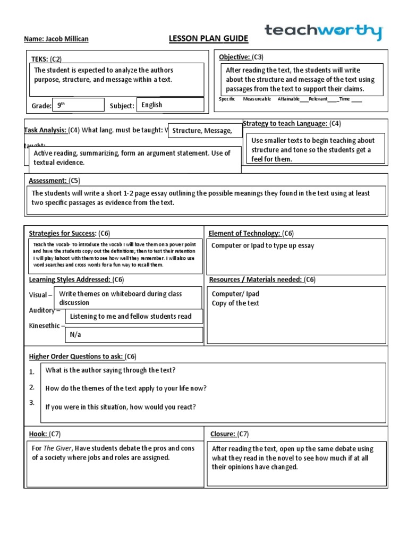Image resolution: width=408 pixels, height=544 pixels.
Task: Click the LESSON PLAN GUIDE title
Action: tap(201, 39)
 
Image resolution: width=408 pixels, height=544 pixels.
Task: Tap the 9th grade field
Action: tap(78, 105)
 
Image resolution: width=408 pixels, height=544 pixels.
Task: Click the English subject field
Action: tap(169, 105)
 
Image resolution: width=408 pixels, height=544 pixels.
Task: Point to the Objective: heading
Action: tap(234, 57)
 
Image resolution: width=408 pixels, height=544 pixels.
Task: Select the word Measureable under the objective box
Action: tap(257, 99)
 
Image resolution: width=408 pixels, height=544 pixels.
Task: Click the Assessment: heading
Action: tap(47, 181)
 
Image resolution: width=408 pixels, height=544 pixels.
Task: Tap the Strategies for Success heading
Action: tap(62, 233)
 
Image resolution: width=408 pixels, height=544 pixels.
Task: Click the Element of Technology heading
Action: tap(244, 233)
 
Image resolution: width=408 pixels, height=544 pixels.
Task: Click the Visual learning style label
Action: tap(39, 295)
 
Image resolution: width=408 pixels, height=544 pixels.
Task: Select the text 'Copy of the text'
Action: tap(235, 303)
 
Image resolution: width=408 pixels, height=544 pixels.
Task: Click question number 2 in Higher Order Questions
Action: tap(32, 387)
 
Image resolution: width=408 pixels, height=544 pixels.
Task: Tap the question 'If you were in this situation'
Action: tap(121, 407)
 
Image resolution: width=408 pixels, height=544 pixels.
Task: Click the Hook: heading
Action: tap(38, 434)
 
